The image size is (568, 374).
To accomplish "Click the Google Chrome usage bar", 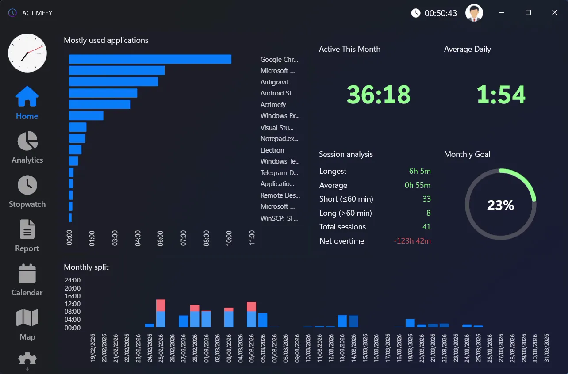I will (150, 59).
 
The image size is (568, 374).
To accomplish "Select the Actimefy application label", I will (273, 105).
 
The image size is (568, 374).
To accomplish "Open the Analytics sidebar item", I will (27, 141).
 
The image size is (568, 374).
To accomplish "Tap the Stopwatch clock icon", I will (27, 185).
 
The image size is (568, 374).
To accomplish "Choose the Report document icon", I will (27, 229).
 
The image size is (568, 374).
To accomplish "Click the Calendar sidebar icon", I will (27, 274).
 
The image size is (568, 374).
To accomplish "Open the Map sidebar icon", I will (27, 318).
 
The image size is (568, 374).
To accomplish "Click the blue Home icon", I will (27, 96).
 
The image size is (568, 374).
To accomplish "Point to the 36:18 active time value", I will (378, 94).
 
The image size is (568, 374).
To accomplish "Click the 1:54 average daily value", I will (501, 94).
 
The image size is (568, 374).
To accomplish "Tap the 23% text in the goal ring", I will (500, 205).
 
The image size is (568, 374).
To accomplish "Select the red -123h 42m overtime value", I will (412, 241).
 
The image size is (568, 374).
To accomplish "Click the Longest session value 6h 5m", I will (419, 171).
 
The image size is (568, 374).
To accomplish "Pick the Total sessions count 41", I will (426, 227).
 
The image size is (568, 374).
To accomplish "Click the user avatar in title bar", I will (474, 13).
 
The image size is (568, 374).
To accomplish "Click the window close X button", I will (554, 13).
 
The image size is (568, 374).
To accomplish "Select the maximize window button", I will (528, 13).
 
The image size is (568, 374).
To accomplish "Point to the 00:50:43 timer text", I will (441, 13).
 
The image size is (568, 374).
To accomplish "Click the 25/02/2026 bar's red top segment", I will (161, 305).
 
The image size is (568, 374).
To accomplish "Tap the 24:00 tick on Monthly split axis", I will (73, 280).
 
